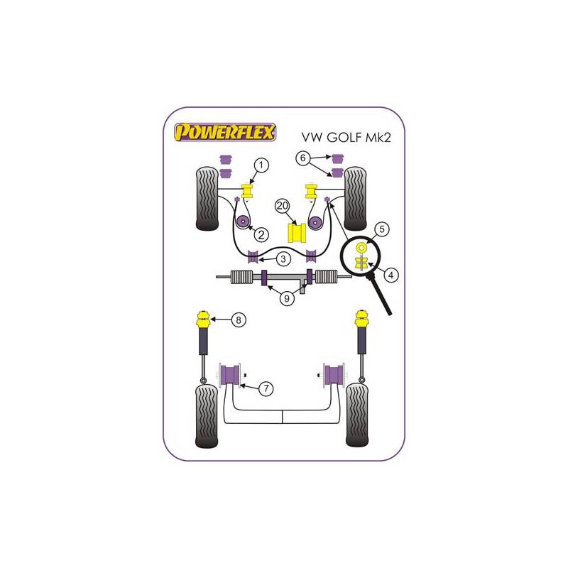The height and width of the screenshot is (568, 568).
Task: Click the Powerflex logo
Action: (225, 132)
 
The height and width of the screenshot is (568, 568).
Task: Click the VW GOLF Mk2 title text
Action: (346, 137)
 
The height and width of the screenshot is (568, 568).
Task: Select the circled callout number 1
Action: (261, 165)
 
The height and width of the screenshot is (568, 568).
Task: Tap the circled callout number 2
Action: (261, 235)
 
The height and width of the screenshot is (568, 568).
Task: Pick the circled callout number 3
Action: (283, 259)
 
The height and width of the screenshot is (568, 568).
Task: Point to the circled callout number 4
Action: (390, 275)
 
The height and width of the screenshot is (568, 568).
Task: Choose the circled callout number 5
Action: (382, 229)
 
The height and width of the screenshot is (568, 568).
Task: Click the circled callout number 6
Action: (303, 158)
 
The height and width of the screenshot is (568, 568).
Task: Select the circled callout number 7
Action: (266, 388)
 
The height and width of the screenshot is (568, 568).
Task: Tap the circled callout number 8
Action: (239, 320)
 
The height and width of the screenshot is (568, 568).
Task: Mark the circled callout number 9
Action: (287, 298)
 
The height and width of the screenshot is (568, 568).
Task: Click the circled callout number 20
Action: (283, 206)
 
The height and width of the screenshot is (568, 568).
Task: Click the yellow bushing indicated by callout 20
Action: (297, 234)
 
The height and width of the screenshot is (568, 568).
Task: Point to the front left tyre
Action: (207, 199)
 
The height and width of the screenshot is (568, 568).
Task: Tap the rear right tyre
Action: (357, 415)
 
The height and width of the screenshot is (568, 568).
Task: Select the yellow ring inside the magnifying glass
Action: (361, 247)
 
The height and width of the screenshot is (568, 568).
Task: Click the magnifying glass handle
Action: (381, 295)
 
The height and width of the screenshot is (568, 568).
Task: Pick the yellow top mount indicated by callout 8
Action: (204, 319)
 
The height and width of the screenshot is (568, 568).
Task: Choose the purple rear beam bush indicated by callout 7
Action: (230, 375)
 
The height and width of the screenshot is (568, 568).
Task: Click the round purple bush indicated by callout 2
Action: (242, 222)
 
